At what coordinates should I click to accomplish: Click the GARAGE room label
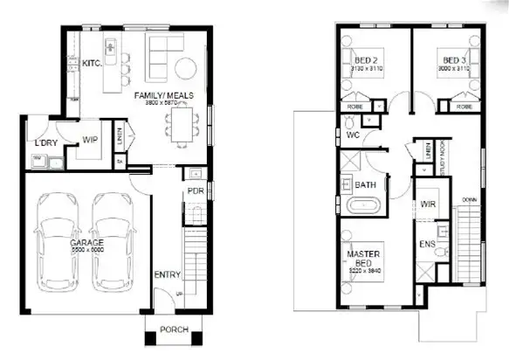[88, 243]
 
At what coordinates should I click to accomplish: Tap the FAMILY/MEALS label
[156, 95]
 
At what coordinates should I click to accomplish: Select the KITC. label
[92, 64]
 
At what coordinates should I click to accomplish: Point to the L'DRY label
[46, 143]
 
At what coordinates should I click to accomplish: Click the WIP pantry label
[91, 140]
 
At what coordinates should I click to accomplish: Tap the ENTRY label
[167, 275]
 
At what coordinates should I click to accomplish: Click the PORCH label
[174, 330]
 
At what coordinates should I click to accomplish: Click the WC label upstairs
[353, 136]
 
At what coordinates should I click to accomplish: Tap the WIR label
[428, 204]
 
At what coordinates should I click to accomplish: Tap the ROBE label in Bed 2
[355, 107]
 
